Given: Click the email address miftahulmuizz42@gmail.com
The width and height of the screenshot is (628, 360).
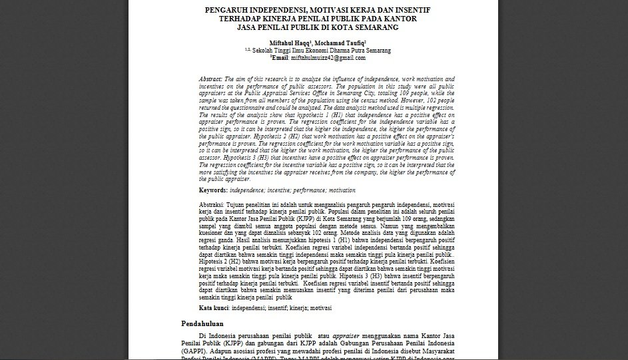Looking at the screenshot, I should click(x=329, y=58).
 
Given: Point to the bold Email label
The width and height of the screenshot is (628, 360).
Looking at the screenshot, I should click(x=279, y=58).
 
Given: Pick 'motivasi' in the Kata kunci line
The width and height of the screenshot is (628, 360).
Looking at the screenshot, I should click(x=317, y=308).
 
